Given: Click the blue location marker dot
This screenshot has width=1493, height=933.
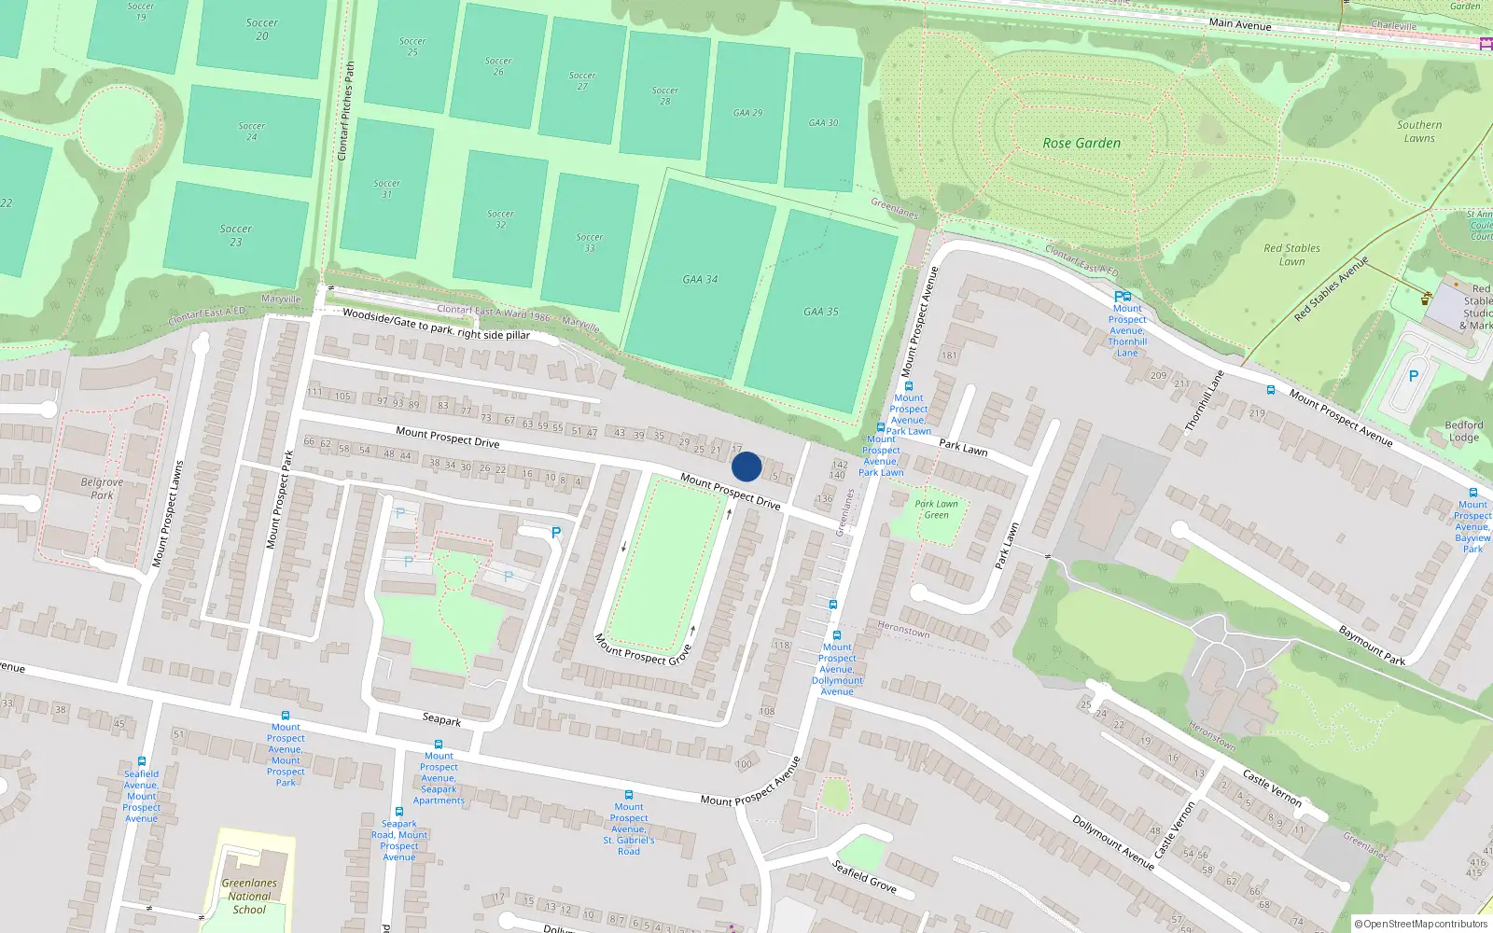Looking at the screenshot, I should coord(746,466).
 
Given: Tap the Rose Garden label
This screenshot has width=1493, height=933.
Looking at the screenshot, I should coord(1081,143).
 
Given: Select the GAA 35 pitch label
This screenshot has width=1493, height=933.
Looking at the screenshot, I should coord(821,312).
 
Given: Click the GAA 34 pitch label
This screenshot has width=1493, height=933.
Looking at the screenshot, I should coord(700,279).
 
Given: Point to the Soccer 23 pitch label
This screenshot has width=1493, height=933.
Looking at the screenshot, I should coord(236,235).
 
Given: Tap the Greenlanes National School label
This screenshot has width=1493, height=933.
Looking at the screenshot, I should coord(249,896).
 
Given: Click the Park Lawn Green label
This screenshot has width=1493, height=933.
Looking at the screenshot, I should coord(936,509).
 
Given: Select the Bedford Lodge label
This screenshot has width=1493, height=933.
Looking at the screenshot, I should coord(1463,431).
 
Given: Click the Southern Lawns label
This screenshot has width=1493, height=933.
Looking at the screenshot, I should coord(1419,132).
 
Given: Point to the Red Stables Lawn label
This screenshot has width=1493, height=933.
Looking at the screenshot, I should coord(1291,255).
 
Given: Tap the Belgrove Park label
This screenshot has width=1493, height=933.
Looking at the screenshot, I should coord(102,489).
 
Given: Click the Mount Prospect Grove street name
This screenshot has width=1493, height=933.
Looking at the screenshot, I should coord(643,650).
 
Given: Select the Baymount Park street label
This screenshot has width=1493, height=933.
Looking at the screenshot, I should coord(1372,646).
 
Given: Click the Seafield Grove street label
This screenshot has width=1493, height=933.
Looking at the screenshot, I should coord(864,876).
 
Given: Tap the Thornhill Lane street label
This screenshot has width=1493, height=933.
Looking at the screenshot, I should coord(1204,401).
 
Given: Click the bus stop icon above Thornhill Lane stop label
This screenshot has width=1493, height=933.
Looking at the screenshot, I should coord(1123,297).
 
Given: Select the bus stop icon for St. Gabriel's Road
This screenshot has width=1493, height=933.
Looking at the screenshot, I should coord(628,795).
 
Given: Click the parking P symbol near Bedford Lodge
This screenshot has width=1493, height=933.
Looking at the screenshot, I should coord(1413,376).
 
